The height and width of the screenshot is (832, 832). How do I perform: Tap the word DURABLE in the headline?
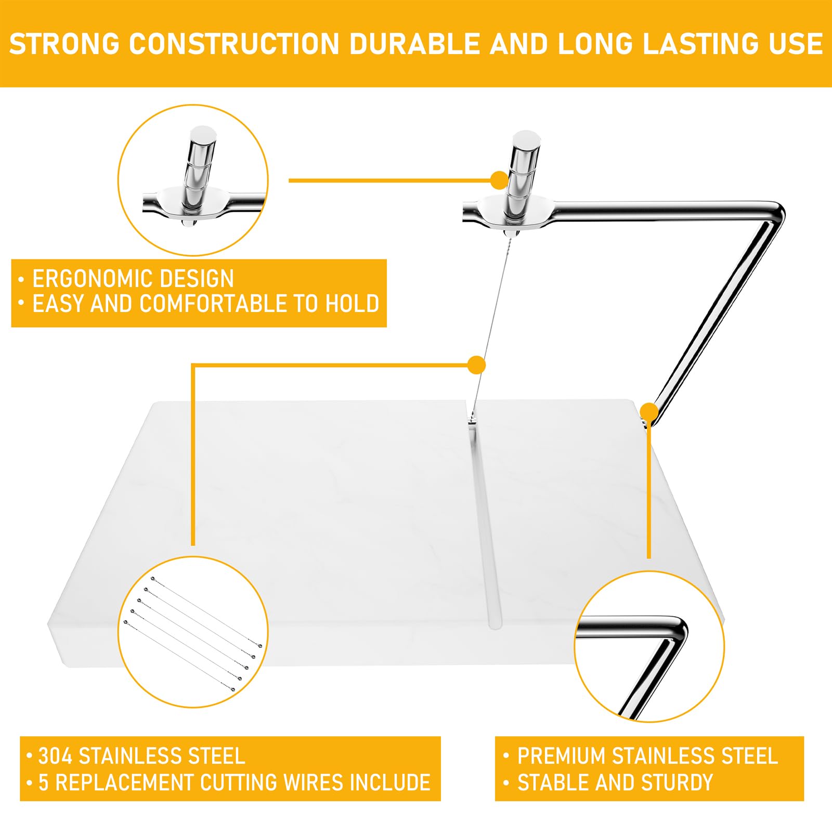[x=414, y=44]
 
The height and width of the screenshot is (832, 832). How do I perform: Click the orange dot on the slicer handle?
[x=500, y=180]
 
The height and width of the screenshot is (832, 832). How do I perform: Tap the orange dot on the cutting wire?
[x=476, y=366]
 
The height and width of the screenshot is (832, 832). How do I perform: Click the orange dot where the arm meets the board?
[x=649, y=412]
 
